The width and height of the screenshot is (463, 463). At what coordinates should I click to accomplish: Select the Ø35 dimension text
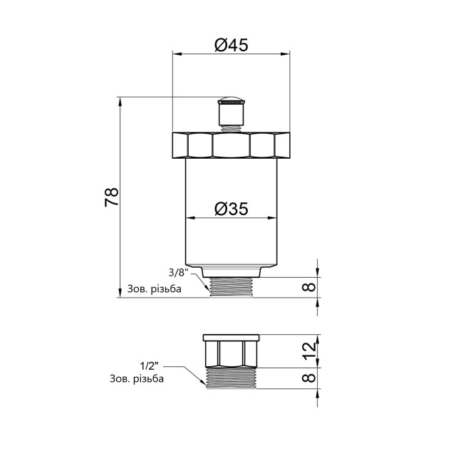tap(231, 209)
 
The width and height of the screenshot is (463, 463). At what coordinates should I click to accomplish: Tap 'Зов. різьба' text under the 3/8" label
tap(155, 289)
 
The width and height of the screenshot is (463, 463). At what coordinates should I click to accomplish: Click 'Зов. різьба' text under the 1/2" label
tap(137, 379)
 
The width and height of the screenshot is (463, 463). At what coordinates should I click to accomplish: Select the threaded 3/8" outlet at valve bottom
tap(231, 287)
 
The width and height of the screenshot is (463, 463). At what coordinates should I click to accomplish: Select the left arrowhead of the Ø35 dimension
tap(189, 218)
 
